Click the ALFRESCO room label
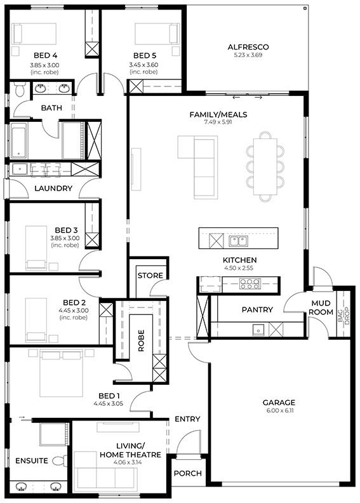[x=248, y=47]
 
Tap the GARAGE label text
[x=279, y=402]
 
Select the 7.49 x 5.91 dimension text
[x=218, y=122]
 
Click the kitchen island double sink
[x=238, y=241]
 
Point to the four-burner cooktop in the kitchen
[x=250, y=284]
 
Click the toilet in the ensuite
[x=60, y=460]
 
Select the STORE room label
[x=150, y=276]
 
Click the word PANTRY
[x=257, y=309]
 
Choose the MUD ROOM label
[x=321, y=307]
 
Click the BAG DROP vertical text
[x=343, y=316]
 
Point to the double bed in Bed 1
[x=61, y=373]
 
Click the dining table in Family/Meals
[x=265, y=166]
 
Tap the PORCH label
[x=188, y=473]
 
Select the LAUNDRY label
[x=53, y=188]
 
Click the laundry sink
[x=20, y=169]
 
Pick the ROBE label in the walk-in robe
[x=141, y=340]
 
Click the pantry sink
[x=258, y=329]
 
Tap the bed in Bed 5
[x=157, y=33]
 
